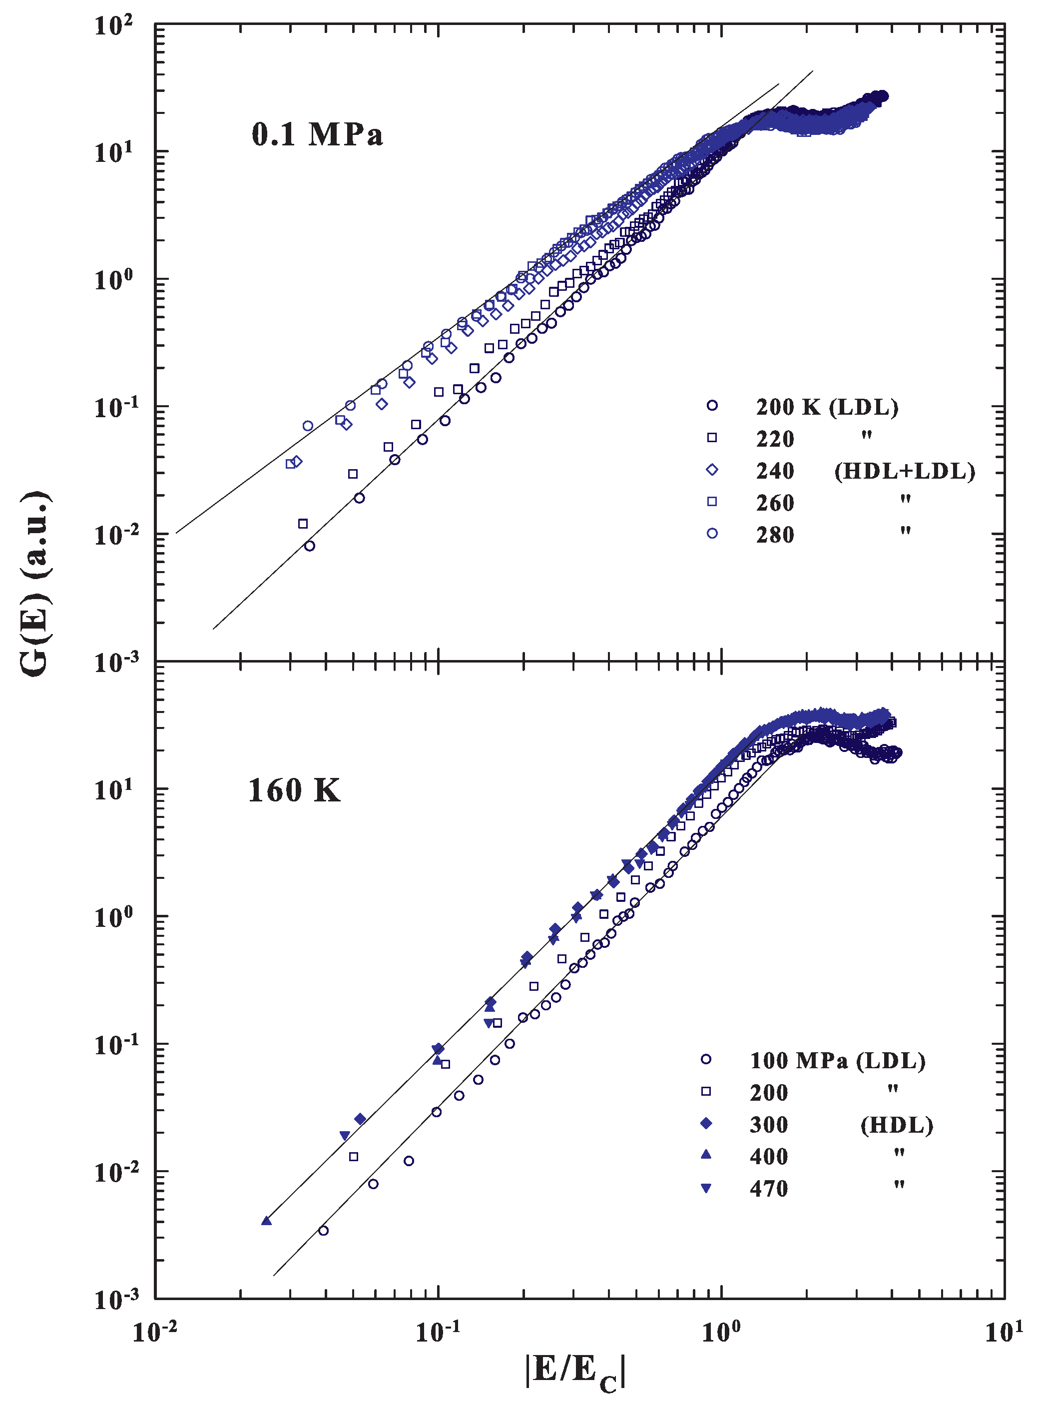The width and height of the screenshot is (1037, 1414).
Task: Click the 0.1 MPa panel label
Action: click(x=317, y=134)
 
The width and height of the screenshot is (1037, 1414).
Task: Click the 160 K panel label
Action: click(x=294, y=790)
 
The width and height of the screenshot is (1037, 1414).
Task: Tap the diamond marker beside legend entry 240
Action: click(x=712, y=470)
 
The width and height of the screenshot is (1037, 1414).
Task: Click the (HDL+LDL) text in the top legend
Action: click(x=905, y=471)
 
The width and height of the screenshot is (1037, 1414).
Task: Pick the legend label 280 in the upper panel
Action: click(x=775, y=535)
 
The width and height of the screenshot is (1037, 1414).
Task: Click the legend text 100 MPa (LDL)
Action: click(x=837, y=1060)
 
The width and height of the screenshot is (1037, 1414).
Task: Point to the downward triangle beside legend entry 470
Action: click(x=705, y=1188)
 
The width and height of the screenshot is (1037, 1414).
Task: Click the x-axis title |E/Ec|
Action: click(x=575, y=1372)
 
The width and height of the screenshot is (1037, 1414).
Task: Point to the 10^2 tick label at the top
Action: click(x=113, y=26)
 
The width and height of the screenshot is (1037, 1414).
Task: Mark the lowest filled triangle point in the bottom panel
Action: click(x=266, y=1221)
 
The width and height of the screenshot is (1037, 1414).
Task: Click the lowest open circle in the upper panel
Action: click(x=310, y=546)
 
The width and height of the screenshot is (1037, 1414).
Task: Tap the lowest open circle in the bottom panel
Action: click(x=323, y=1230)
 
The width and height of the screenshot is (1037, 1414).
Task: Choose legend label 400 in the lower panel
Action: click(x=768, y=1156)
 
